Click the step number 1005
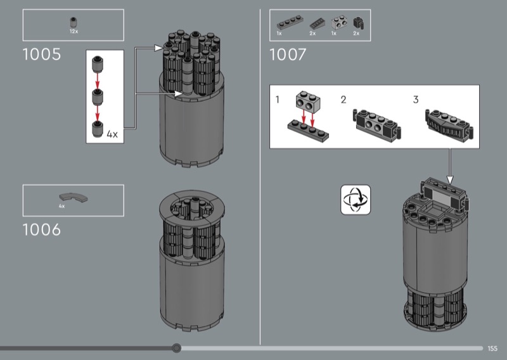pyautogui.click(x=42, y=55)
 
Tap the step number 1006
pyautogui.click(x=42, y=229)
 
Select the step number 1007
pyautogui.click(x=288, y=55)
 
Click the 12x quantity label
pyautogui.click(x=74, y=32)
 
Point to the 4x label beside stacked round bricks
pyautogui.click(x=112, y=134)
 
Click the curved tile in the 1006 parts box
pyautogui.click(x=73, y=197)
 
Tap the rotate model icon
pyautogui.click(x=356, y=200)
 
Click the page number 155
pyautogui.click(x=492, y=349)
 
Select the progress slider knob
pyautogui.click(x=176, y=348)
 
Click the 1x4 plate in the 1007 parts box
pyautogui.click(x=291, y=23)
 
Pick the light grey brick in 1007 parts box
pyautogui.click(x=339, y=23)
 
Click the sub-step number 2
pyautogui.click(x=343, y=100)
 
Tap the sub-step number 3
pyautogui.click(x=416, y=100)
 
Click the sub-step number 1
pyautogui.click(x=277, y=100)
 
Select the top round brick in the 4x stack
pyautogui.click(x=98, y=64)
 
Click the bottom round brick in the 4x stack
pyautogui.click(x=98, y=129)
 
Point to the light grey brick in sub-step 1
pyautogui.click(x=308, y=101)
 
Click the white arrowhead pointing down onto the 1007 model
pyautogui.click(x=450, y=180)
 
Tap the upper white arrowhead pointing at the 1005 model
pyautogui.click(x=158, y=48)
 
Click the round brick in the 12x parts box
pyautogui.click(x=74, y=23)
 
